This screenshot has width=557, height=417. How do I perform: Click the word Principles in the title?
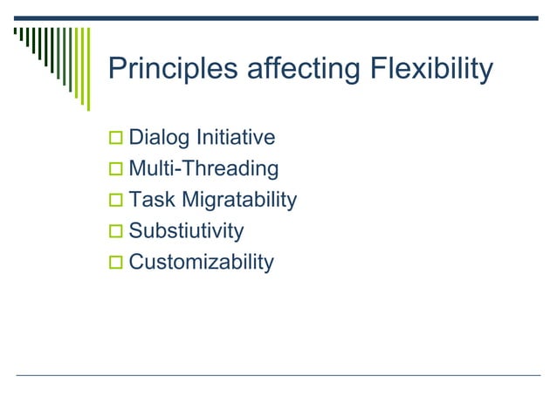pos(163,69)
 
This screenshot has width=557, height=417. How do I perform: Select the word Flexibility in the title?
pos(429,69)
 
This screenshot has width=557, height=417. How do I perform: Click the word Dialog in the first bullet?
pos(158,138)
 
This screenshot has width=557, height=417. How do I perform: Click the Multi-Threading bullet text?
pos(203,169)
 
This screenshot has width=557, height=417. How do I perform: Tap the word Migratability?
pos(239,201)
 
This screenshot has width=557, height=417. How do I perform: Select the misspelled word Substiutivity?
pos(186,232)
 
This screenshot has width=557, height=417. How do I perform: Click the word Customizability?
pos(201,263)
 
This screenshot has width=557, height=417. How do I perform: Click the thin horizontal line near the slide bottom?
pos(278,375)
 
